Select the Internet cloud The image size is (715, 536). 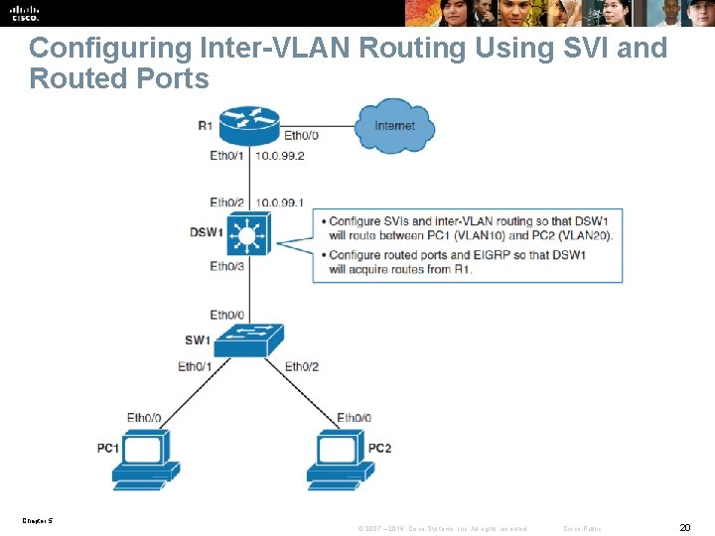394,126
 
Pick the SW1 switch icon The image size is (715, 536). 247,339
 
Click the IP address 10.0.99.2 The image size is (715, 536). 279,156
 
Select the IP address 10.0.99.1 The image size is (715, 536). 279,201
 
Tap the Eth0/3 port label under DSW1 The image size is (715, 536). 228,266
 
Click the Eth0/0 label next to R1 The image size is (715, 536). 302,136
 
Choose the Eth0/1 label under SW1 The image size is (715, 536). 195,367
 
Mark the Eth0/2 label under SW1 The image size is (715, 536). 302,367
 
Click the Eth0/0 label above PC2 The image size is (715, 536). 356,418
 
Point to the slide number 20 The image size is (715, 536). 684,527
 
